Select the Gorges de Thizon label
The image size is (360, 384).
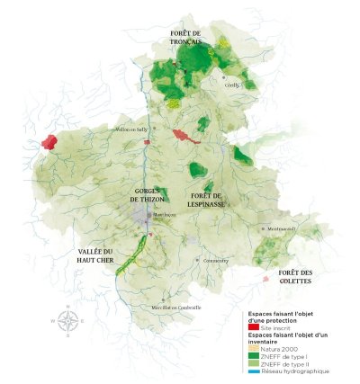click(x=148, y=196)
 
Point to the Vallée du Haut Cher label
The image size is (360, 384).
click(x=94, y=256)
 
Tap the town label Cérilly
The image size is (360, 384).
click(x=231, y=85)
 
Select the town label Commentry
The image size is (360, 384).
click(x=216, y=261)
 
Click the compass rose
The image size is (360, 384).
click(x=69, y=319)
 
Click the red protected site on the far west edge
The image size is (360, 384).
click(x=49, y=142)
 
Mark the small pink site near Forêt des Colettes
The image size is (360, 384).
click(x=265, y=279)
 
